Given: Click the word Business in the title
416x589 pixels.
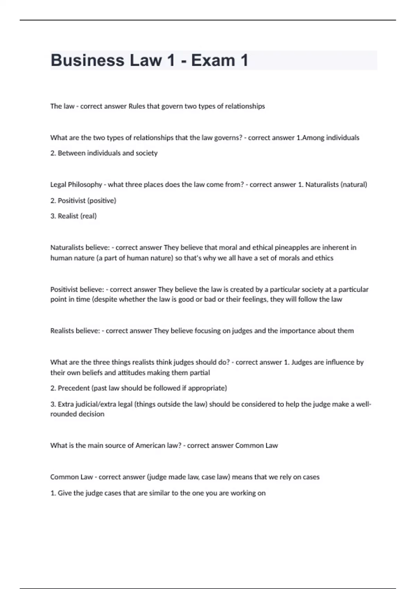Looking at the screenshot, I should click(87, 60).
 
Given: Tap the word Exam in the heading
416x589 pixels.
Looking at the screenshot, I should click(213, 60).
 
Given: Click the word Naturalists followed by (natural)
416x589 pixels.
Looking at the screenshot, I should click(322, 184).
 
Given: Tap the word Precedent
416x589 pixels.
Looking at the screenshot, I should click(74, 388).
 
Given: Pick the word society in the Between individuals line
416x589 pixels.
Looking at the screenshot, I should click(147, 153).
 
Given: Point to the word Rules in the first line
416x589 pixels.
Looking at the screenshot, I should click(137, 106).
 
